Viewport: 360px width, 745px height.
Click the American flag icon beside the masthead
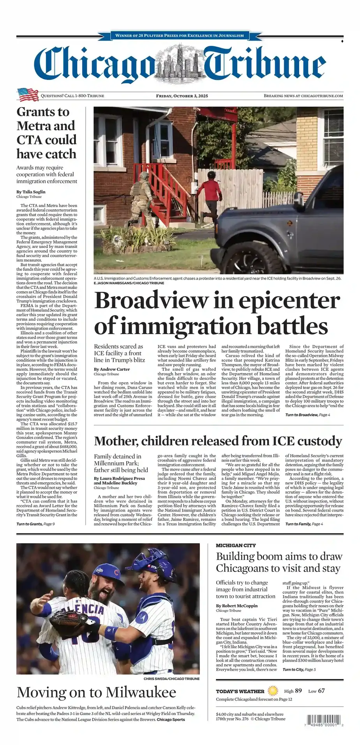click(28, 94)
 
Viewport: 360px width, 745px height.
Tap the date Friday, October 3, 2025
click(182, 96)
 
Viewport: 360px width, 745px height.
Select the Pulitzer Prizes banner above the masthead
click(180, 35)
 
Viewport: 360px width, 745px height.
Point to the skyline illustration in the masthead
click(180, 63)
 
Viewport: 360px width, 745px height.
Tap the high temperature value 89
click(298, 691)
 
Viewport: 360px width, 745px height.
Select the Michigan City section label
click(236, 545)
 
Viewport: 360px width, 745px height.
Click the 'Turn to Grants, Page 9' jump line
click(35, 524)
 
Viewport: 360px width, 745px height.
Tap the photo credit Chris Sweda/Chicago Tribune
click(171, 679)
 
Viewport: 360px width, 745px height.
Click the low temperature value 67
click(321, 691)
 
